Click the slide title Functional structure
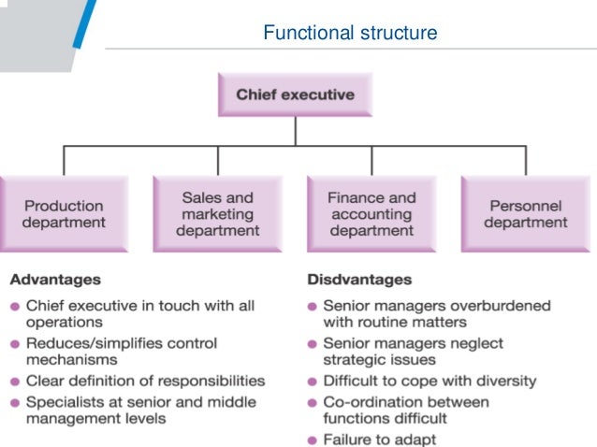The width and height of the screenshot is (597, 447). click(x=350, y=34)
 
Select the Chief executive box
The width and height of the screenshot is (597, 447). click(x=295, y=94)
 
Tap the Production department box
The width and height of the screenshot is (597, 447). click(x=64, y=214)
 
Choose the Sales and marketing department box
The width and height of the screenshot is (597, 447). click(x=218, y=214)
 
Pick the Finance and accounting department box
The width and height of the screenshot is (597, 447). click(x=371, y=214)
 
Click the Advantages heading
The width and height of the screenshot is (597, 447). click(x=55, y=279)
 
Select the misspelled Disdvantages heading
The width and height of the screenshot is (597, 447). click(x=359, y=279)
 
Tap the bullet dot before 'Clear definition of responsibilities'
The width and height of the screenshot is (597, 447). click(x=16, y=382)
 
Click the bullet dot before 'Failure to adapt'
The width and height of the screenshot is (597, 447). click(x=313, y=440)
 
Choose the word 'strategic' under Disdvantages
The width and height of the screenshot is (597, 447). click(x=357, y=359)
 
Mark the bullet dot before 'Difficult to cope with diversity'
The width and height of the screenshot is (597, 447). click(x=313, y=382)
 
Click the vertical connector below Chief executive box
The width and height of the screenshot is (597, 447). click(x=295, y=129)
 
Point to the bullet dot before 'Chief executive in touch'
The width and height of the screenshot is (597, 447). click(x=16, y=306)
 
